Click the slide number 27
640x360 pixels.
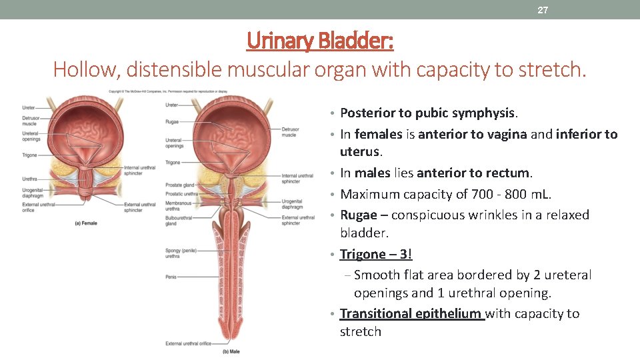point(543,10)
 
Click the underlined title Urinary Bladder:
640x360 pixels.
point(320,41)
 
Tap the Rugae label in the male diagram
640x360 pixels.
point(173,121)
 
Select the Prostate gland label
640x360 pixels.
point(179,185)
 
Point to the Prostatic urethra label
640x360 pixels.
point(181,194)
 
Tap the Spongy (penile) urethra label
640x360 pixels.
point(181,253)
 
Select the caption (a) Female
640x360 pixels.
point(85,223)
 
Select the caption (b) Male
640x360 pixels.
point(230,351)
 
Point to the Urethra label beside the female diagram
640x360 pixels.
point(29,179)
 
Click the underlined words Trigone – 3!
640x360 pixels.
point(376,254)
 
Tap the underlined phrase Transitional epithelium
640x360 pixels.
point(411,313)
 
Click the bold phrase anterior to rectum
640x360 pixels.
point(473,173)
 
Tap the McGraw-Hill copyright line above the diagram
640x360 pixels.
point(168,91)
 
